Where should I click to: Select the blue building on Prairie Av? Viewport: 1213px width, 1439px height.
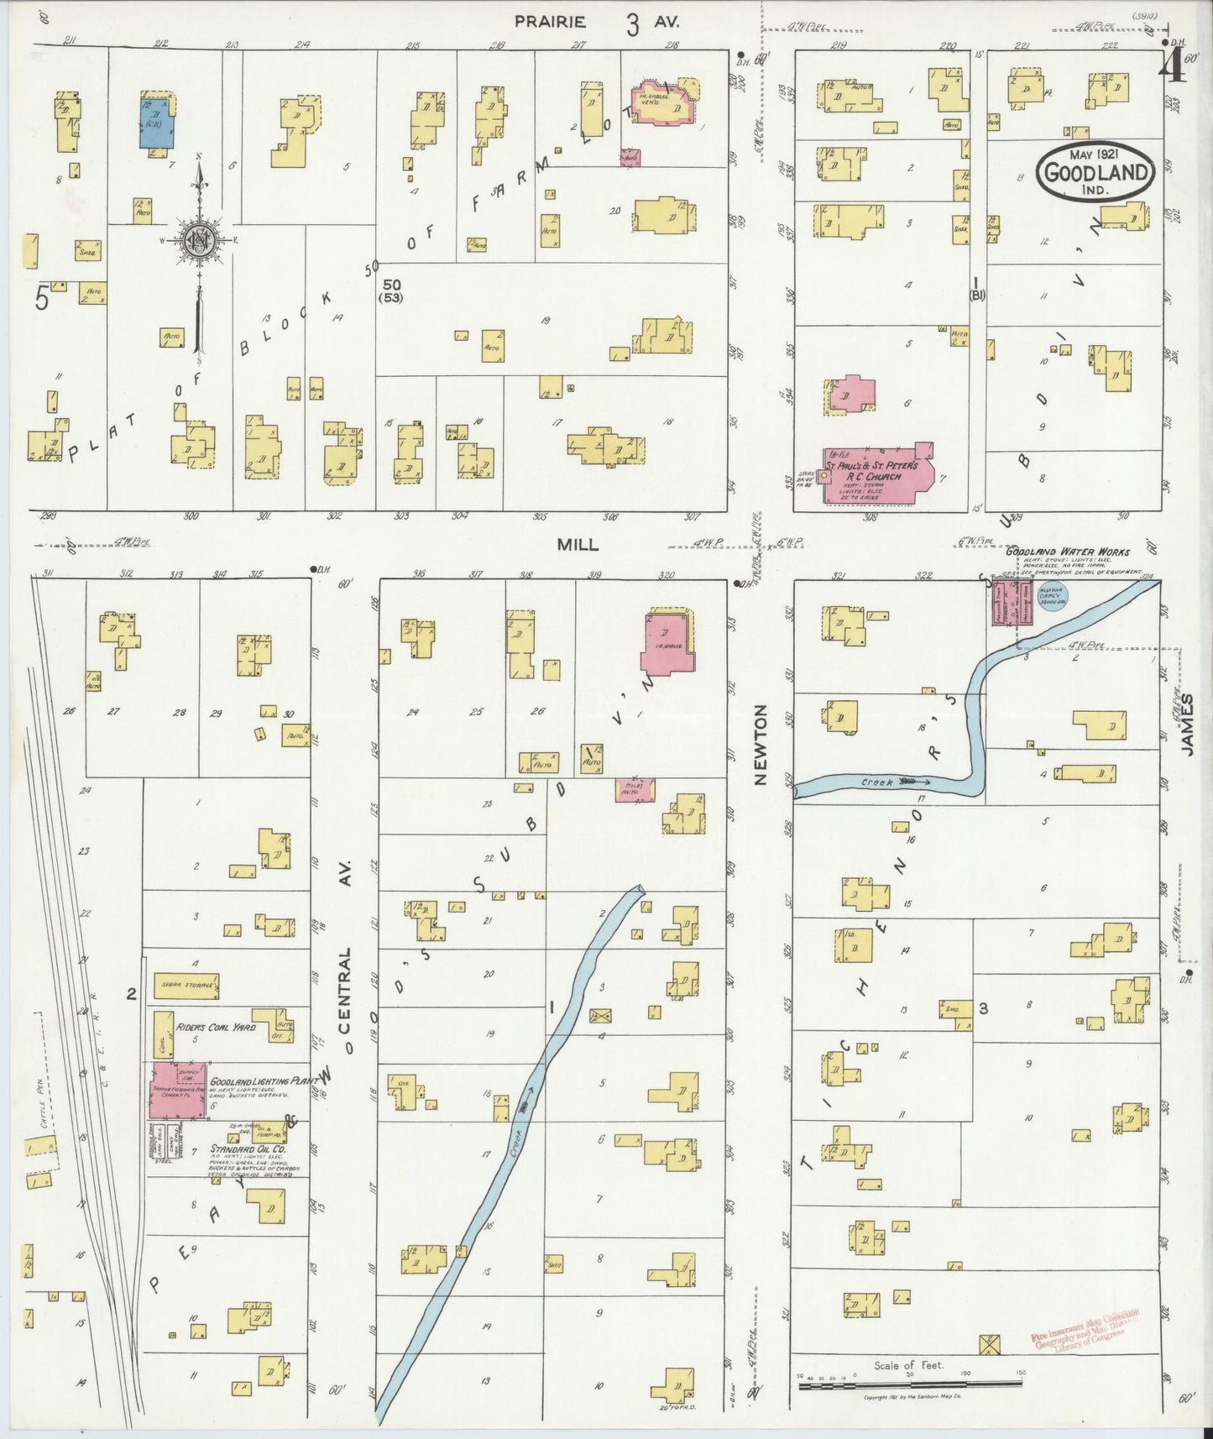pos(157,123)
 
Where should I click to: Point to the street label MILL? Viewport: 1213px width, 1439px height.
pos(578,545)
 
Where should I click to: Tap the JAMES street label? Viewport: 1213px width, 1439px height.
pos(1188,726)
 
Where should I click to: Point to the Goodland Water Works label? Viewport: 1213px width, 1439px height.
pos(1068,552)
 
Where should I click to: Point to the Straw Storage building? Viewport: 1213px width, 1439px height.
pos(186,986)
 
